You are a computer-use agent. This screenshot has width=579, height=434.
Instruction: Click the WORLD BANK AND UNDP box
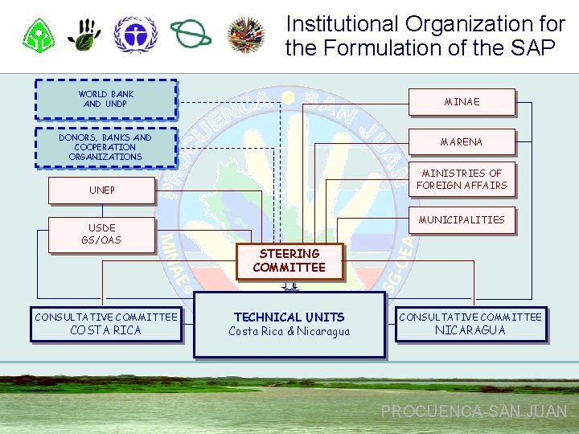point(105,99)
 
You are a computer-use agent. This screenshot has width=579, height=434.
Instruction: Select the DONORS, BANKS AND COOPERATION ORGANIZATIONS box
point(105,147)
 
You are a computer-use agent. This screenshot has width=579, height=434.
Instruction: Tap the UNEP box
point(101,190)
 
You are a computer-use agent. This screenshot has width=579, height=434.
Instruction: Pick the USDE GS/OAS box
point(101,235)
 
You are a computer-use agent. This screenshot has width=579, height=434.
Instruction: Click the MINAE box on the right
point(462,102)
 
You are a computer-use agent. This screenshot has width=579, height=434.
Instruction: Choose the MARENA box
point(462,142)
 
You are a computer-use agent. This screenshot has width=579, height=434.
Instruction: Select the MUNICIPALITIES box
point(462,219)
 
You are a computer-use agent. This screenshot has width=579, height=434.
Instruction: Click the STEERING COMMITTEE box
point(289,261)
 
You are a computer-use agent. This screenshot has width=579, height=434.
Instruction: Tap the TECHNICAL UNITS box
point(289,324)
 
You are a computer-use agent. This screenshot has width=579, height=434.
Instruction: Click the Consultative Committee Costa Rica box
point(105,324)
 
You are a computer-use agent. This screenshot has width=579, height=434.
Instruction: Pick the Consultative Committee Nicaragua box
point(470,324)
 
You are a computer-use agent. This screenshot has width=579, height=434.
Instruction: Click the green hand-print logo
point(84,35)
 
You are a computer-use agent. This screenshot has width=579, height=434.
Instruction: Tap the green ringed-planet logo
point(191,35)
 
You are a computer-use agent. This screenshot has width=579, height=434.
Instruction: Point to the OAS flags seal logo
point(246,35)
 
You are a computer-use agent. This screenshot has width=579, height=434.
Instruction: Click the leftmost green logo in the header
point(38,35)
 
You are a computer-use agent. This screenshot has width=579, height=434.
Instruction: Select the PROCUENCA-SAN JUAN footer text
point(474,411)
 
